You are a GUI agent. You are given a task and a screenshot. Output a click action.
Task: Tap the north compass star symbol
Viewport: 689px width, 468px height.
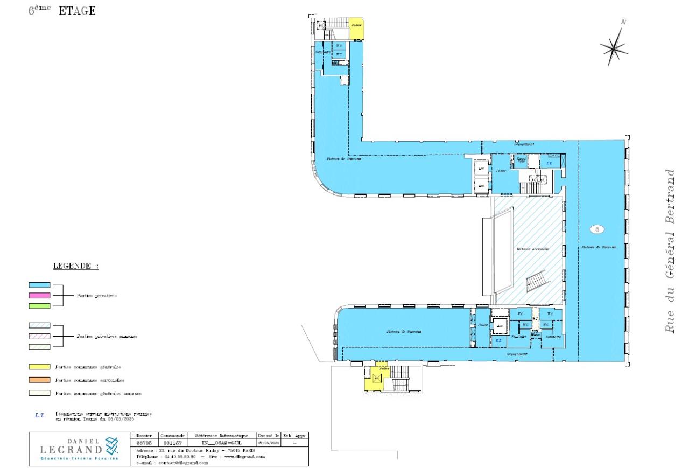coord(614,47)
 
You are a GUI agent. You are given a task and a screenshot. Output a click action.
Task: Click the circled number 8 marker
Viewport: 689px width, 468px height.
coord(596,229)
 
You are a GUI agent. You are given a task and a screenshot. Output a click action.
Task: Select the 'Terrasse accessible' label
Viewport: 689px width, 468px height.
coord(532,249)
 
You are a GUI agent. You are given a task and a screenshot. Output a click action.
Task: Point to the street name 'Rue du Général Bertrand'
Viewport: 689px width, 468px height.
coord(670,251)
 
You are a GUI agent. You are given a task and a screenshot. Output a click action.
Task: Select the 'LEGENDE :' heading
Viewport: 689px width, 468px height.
coord(75,266)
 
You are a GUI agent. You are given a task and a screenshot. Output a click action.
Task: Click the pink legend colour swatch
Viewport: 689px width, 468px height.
coord(39,295)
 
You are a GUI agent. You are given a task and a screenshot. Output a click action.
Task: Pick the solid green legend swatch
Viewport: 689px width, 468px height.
coord(39,305)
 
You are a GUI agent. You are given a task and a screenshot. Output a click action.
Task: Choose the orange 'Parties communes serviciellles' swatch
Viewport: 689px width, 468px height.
coord(39,380)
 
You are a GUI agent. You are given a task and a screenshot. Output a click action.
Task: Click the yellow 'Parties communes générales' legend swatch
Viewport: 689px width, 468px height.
coord(39,367)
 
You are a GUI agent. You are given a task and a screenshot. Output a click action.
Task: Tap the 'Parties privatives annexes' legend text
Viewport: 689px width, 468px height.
coord(107,336)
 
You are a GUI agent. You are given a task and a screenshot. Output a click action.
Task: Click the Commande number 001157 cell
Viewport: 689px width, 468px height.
coord(173,443)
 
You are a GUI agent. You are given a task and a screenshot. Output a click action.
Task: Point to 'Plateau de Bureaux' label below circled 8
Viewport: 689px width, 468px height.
coord(598,247)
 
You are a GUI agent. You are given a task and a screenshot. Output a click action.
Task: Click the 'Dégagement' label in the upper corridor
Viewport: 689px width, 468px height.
coord(523,144)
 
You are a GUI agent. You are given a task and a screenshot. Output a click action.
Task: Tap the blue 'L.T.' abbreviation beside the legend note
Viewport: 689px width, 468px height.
coord(39,415)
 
